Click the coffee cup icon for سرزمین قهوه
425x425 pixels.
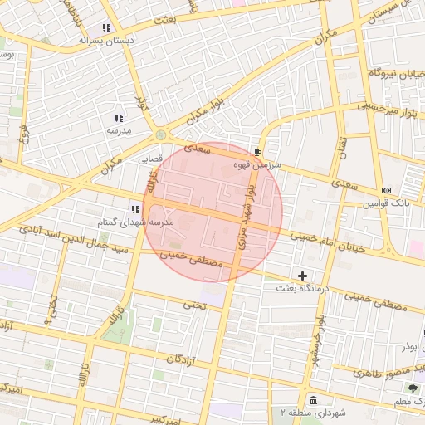click(x=257, y=153)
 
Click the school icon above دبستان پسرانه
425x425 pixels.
click(x=106, y=27)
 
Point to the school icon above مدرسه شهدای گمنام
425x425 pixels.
click(x=134, y=209)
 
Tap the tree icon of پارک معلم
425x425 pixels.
click(x=413, y=388)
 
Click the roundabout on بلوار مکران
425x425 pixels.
click(x=159, y=134)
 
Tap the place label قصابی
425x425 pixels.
click(x=150, y=157)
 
